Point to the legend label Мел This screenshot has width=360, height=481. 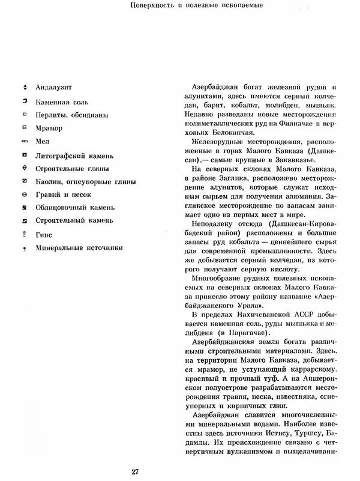click(43, 141)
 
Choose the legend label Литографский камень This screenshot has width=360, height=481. click(73, 154)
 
